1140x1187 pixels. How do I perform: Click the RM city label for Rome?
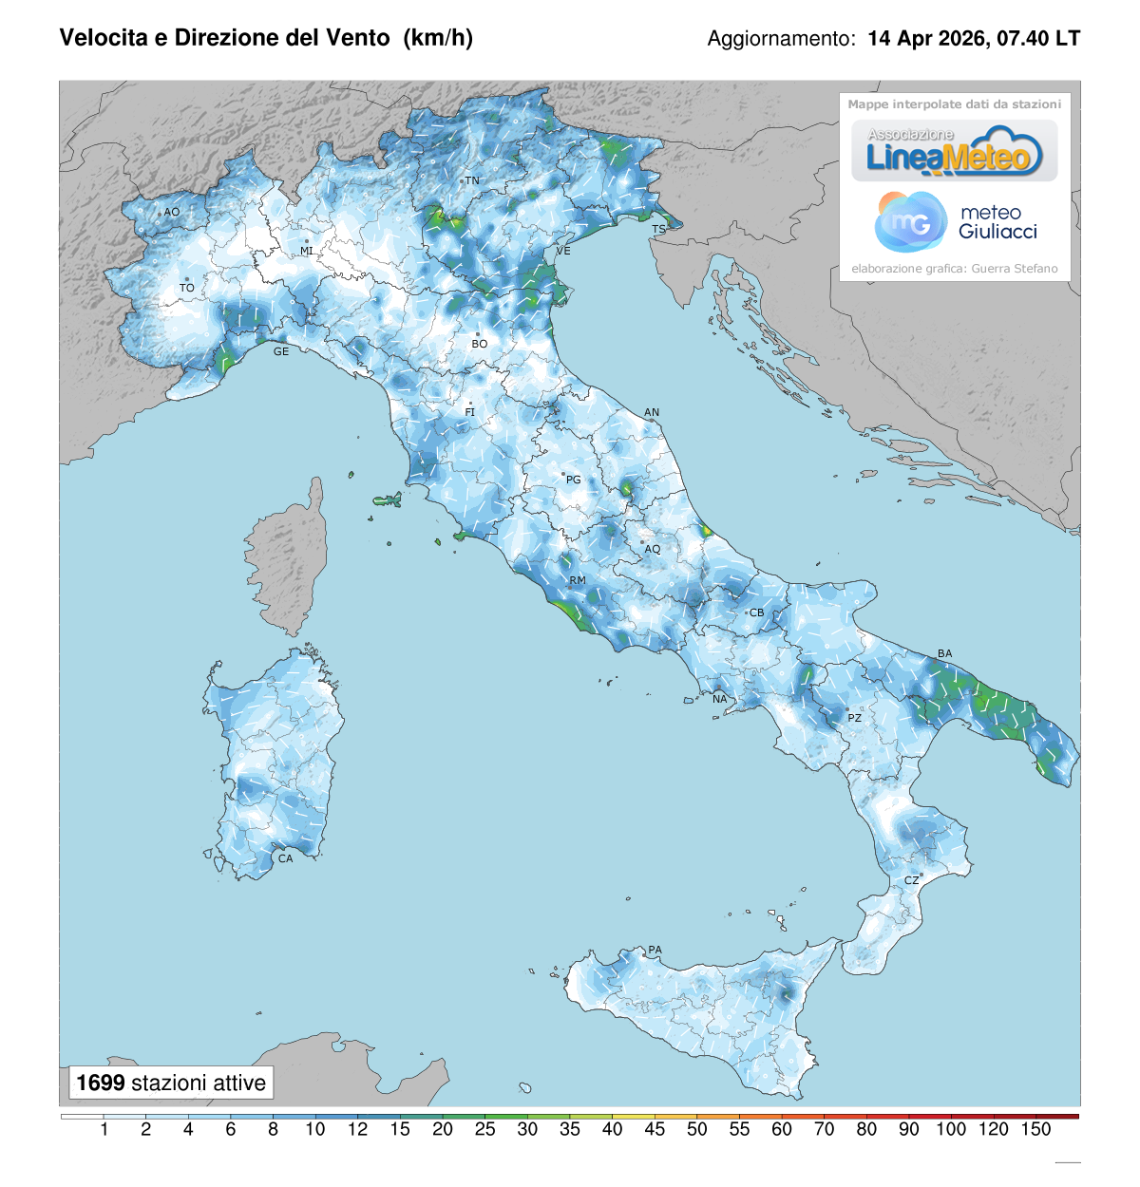coord(578,580)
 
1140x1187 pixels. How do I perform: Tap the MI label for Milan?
coord(307,251)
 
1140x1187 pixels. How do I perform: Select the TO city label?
coord(187,288)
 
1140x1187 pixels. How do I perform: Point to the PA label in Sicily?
coord(655,950)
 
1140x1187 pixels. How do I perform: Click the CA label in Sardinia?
coord(285,858)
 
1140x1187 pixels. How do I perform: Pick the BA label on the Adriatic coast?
coord(944,653)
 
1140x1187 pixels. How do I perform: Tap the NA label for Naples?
coord(719,699)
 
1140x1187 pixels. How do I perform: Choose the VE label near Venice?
coord(563,251)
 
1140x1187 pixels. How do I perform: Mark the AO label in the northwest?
coord(171,212)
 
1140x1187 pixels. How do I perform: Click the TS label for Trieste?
coord(658,230)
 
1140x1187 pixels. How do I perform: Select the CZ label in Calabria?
coord(911,880)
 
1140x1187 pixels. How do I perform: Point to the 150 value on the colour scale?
coord(1035,1129)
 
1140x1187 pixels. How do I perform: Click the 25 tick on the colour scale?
coord(484,1129)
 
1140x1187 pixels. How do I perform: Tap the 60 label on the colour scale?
coord(782,1129)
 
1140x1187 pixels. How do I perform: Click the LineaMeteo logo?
coord(954,152)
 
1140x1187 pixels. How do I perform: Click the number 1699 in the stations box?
coord(101,1083)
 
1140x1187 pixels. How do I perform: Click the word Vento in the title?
coord(358,38)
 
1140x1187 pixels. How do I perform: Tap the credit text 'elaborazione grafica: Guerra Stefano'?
coord(954,269)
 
